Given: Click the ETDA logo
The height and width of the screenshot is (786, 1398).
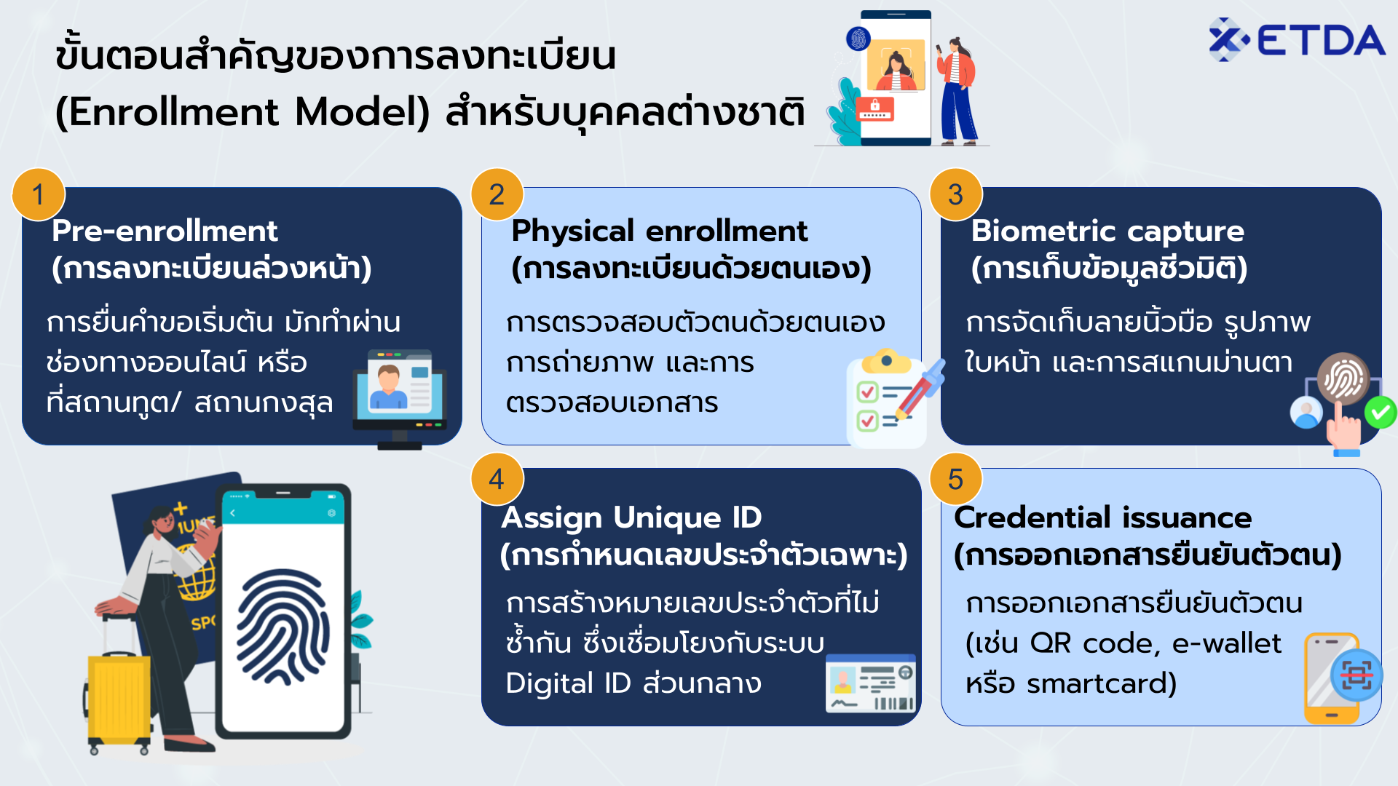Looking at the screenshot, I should [x=1296, y=39].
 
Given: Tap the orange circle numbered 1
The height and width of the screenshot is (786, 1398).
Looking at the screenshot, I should [x=39, y=194].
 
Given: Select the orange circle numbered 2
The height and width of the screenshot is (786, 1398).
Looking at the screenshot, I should [x=497, y=194].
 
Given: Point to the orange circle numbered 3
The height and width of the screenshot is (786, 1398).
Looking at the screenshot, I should [x=955, y=194].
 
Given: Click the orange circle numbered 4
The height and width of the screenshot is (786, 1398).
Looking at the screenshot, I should [x=497, y=479].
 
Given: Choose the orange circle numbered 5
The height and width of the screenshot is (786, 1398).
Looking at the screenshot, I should [x=955, y=479].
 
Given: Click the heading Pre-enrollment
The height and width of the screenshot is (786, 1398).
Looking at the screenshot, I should [x=165, y=231].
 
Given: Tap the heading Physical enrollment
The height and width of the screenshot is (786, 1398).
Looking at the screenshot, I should [x=659, y=231].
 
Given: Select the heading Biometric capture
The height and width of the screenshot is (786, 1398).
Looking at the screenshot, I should [x=1107, y=231].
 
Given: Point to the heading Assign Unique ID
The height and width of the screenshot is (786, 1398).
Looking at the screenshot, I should [x=631, y=517].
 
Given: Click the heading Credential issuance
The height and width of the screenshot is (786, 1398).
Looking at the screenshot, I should [x=1102, y=517].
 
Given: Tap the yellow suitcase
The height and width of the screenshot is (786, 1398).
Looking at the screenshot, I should [x=119, y=695].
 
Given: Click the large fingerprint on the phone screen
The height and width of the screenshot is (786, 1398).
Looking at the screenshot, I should [x=283, y=626].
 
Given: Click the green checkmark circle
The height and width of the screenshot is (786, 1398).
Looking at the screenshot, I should [x=1380, y=413].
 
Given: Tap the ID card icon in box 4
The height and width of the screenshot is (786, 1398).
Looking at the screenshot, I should [x=870, y=683].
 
